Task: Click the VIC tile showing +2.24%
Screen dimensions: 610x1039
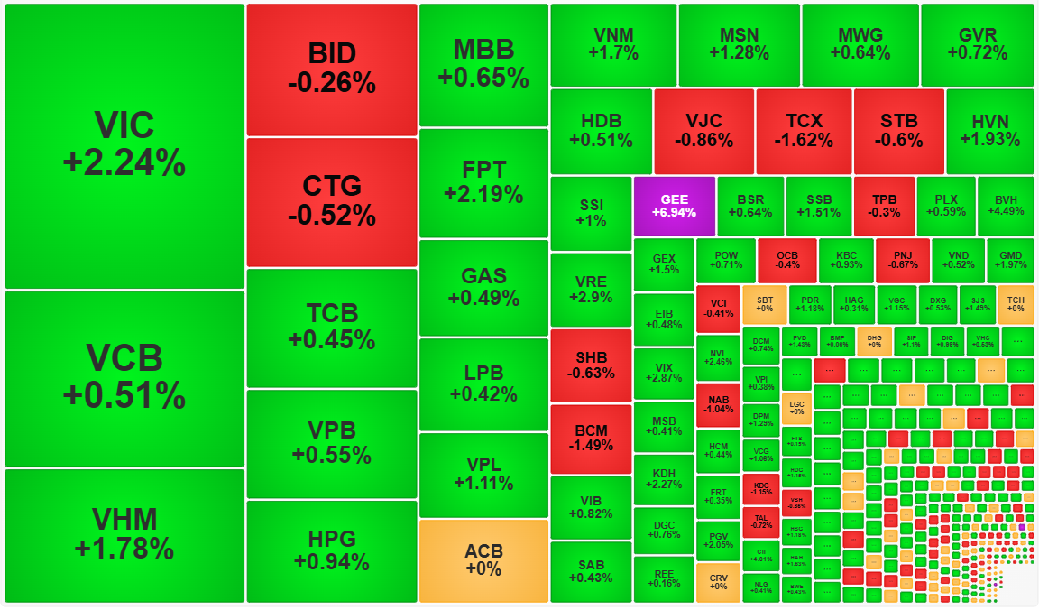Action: tap(124, 145)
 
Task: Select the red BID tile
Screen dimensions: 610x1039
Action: tap(332, 69)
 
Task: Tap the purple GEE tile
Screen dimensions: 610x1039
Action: tap(674, 205)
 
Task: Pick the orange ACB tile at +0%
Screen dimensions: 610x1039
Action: tap(483, 560)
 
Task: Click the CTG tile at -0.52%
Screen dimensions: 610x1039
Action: tap(332, 201)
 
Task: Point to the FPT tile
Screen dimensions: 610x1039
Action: tap(483, 182)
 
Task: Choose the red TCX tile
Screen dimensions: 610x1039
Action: tap(804, 131)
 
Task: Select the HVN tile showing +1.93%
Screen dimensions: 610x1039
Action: tap(990, 131)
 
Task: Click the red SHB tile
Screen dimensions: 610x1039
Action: tap(591, 365)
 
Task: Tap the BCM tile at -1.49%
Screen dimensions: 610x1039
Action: tap(591, 438)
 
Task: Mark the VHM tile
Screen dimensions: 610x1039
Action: tap(124, 534)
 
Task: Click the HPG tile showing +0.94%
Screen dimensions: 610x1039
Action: tap(332, 551)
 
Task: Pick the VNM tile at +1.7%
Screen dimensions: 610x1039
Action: tap(613, 44)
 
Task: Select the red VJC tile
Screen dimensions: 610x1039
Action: tap(703, 131)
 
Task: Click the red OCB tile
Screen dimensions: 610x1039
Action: tap(787, 259)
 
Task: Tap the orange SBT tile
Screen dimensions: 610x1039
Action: tap(765, 304)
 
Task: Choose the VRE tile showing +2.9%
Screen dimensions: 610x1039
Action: tap(591, 289)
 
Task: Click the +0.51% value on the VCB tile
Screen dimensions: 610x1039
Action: tap(124, 395)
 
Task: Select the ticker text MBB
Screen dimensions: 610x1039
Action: tap(483, 50)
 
